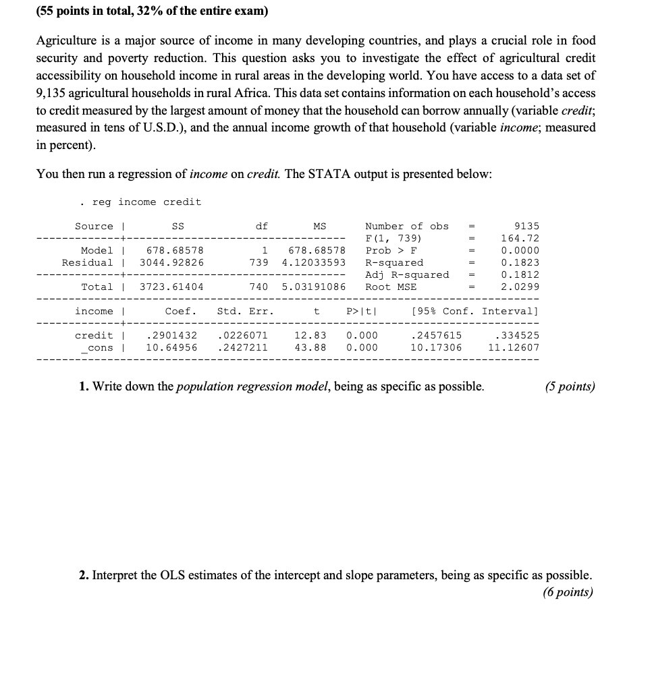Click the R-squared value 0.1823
coord(520,262)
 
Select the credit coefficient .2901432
coord(171,335)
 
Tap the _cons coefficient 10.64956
coord(171,347)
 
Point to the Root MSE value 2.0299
coord(520,287)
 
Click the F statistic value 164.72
coord(520,238)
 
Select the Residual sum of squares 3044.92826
coord(171,262)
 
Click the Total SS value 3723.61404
coord(171,287)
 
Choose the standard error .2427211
coord(243,347)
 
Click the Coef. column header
coord(181,311)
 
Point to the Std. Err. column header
coord(246,311)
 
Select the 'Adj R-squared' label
coord(406,274)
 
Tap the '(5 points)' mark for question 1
coord(570,386)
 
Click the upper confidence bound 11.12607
coord(513,347)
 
